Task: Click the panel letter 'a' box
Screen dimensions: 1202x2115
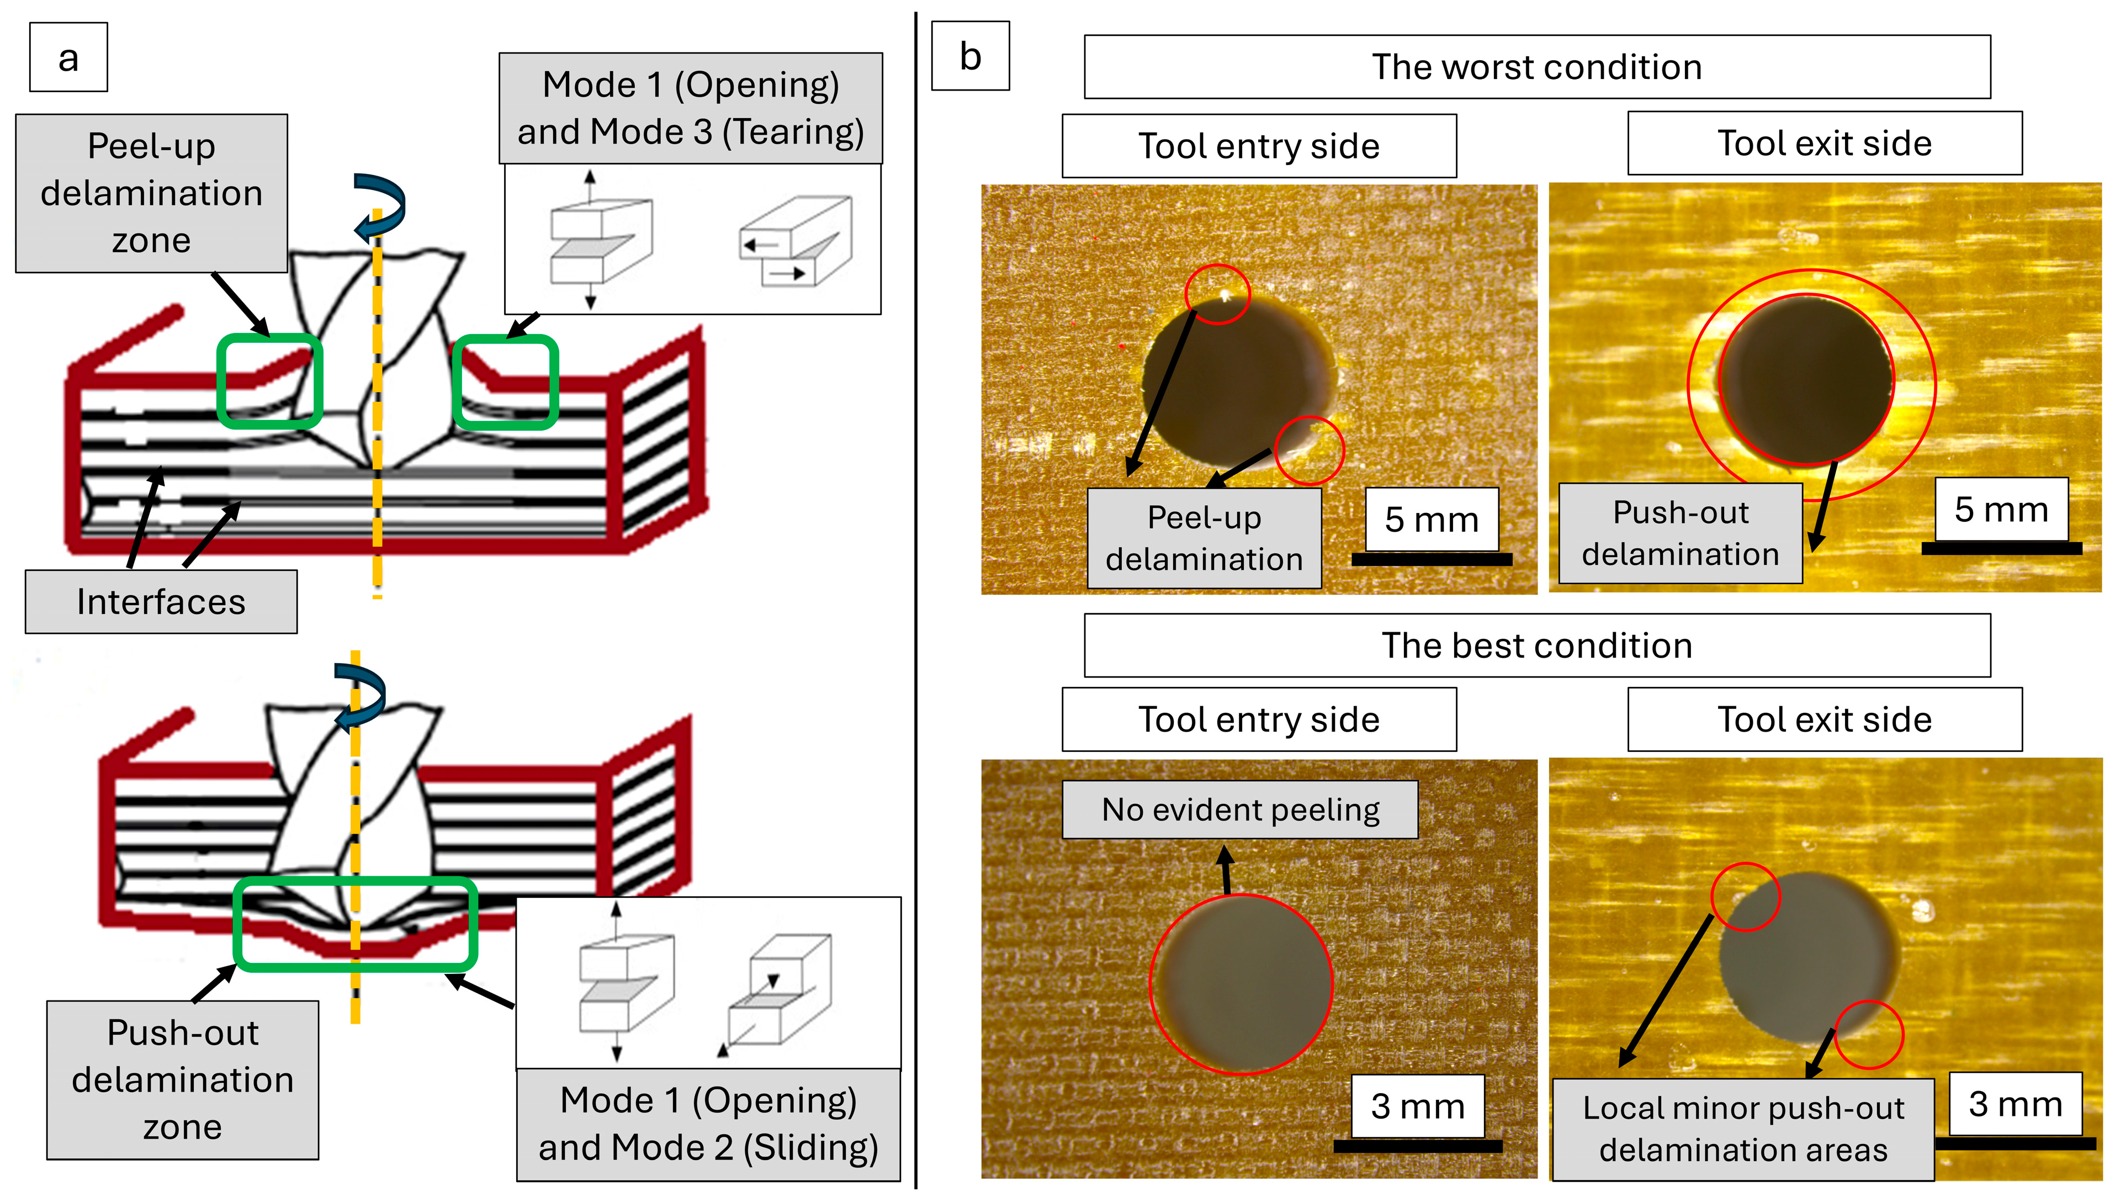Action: click(68, 57)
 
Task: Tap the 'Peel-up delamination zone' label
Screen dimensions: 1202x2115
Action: click(151, 193)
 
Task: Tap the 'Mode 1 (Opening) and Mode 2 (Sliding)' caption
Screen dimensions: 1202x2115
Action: click(708, 1124)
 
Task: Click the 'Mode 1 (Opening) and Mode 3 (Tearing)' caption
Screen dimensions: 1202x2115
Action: click(690, 108)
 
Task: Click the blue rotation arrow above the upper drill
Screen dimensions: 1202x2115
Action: click(380, 206)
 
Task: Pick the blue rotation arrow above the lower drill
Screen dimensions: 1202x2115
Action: click(361, 696)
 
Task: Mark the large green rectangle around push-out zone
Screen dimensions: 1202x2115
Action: click(356, 924)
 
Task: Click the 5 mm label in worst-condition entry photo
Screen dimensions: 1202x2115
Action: click(1431, 519)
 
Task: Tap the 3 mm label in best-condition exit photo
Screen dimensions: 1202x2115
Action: click(2015, 1104)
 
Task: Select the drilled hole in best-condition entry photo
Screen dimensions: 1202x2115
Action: click(1241, 982)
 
